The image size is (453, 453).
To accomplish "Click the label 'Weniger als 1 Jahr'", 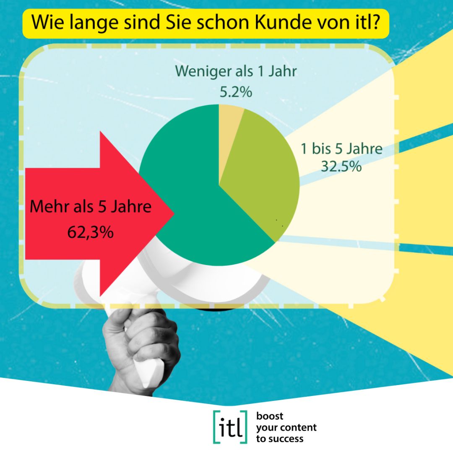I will click(x=236, y=71).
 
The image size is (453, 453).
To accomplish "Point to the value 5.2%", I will click(x=236, y=91).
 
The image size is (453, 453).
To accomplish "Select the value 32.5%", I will click(x=341, y=167).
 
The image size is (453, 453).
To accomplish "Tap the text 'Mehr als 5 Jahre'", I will click(x=91, y=207).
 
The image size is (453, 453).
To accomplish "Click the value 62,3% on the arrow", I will click(x=91, y=232).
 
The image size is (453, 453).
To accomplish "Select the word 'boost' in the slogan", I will click(x=270, y=416).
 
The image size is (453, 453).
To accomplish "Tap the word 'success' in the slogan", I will click(x=287, y=439).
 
